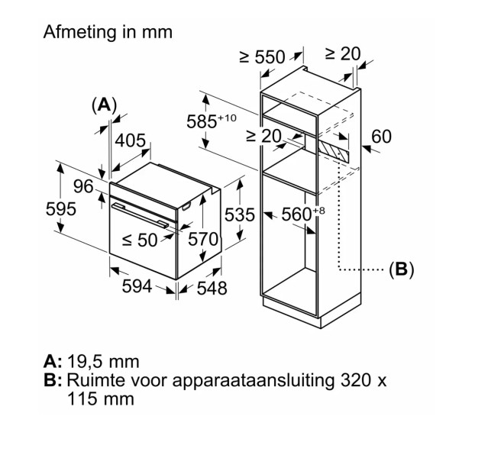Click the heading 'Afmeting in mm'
click(x=108, y=32)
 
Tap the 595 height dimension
click(x=60, y=209)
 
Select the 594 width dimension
click(x=137, y=286)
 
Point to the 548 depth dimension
click(x=212, y=288)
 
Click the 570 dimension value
click(x=203, y=239)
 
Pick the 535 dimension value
click(x=240, y=215)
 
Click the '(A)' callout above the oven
click(x=104, y=105)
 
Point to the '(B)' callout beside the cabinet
click(x=401, y=269)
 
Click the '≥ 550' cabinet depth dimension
click(x=261, y=56)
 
